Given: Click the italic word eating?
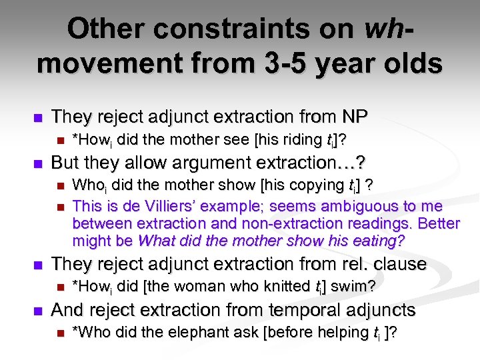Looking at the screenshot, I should (375, 240).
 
